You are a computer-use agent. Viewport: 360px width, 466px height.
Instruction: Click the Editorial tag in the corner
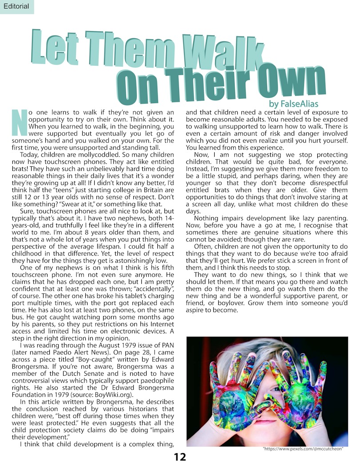tap(16, 6)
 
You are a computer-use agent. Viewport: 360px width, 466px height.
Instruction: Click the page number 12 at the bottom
tap(180, 457)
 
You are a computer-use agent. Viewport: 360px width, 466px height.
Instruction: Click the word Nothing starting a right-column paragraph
tap(206, 218)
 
